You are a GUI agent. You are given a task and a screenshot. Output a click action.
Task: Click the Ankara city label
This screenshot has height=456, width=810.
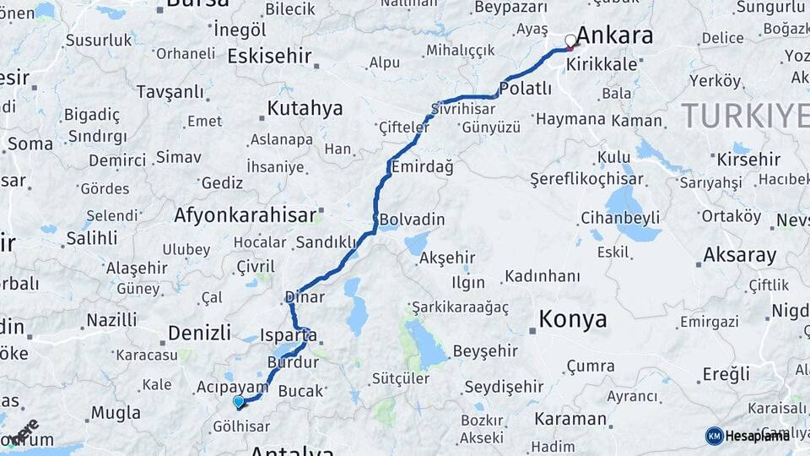[x=614, y=36]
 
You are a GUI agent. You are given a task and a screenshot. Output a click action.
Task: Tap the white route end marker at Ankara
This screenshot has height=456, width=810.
[x=570, y=41]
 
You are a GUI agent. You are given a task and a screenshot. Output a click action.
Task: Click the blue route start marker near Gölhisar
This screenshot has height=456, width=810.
[x=239, y=402]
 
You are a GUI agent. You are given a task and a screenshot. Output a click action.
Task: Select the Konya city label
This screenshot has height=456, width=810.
[x=573, y=319]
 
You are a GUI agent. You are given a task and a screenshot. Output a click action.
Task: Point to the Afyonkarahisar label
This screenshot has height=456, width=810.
[x=245, y=214]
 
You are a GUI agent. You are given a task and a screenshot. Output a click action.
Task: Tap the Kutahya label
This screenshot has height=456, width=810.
[x=305, y=109]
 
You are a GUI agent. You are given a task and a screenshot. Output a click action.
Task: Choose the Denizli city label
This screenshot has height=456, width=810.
[x=199, y=332]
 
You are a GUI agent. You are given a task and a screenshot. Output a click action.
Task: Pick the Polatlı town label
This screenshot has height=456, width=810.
[x=525, y=88]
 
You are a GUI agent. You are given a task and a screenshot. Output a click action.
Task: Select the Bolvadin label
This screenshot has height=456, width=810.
[x=412, y=220]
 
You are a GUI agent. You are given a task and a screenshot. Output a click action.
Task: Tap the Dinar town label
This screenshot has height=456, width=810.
[x=305, y=297]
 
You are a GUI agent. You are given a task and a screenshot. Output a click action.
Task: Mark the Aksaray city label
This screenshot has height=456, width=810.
[x=739, y=255]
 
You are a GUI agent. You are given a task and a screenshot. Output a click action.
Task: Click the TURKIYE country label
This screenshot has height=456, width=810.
[x=745, y=115]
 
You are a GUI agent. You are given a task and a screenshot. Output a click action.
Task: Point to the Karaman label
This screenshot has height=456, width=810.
[x=570, y=419]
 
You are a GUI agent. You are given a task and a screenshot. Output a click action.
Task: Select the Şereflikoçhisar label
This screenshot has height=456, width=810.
[x=586, y=179]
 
